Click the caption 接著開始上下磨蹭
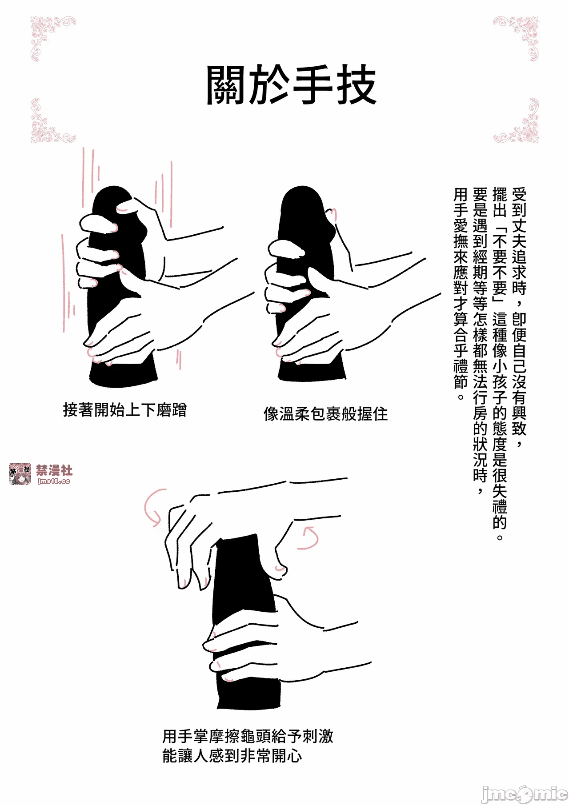pyautogui.click(x=125, y=409)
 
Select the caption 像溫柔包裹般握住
pyautogui.click(x=325, y=414)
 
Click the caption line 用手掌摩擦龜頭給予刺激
pyautogui.click(x=248, y=736)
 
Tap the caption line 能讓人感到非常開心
pyautogui.click(x=232, y=755)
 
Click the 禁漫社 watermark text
pyautogui.click(x=54, y=470)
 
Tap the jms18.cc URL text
pyautogui.click(x=54, y=481)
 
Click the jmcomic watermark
pyautogui.click(x=525, y=794)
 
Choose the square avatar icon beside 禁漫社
pyautogui.click(x=20, y=474)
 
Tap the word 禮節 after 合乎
pyautogui.click(x=461, y=374)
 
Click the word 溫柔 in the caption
pyautogui.click(x=294, y=414)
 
